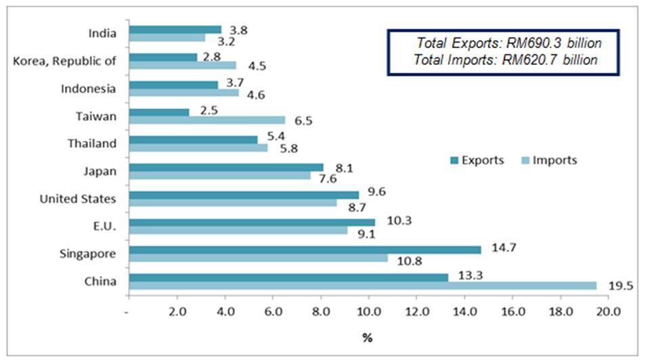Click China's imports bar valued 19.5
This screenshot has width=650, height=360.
coord(362,286)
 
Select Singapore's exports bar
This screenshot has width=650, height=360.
coord(305,249)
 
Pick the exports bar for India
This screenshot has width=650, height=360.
coord(175,30)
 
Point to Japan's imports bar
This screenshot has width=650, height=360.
coord(219,175)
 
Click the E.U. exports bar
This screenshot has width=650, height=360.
coord(251,222)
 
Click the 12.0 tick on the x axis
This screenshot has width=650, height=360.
coord(417,312)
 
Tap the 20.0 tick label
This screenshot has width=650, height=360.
coord(609,312)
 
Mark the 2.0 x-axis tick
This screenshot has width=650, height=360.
coord(177,312)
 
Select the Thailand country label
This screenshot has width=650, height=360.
coord(91,143)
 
